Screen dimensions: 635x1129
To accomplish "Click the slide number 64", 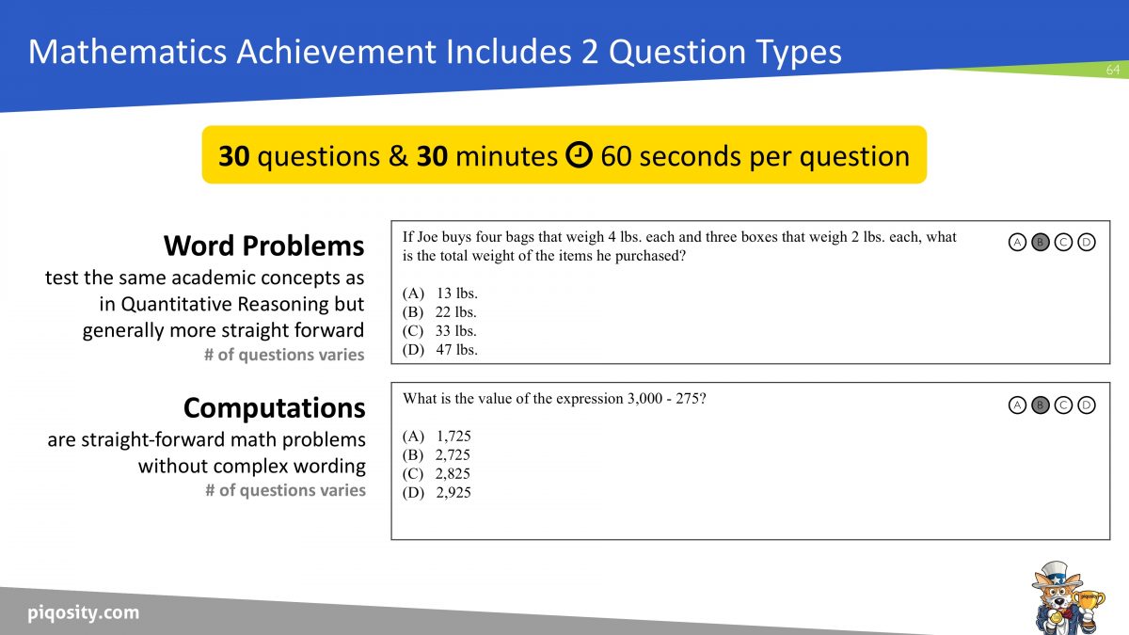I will tap(1112, 71).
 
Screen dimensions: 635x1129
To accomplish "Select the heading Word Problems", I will tap(263, 246).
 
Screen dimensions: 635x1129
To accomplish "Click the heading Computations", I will tap(274, 407).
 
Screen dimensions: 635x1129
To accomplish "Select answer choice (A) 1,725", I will tap(437, 437).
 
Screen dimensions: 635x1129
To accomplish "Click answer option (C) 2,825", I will tap(437, 474).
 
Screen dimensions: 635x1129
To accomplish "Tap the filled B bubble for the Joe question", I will tap(1040, 243).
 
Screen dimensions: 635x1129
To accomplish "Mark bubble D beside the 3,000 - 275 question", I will tap(1086, 405).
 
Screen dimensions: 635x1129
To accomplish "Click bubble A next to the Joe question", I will tap(1017, 243).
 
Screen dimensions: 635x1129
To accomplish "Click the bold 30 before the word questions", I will tap(233, 156).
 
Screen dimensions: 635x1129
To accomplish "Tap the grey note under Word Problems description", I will tap(284, 355).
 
